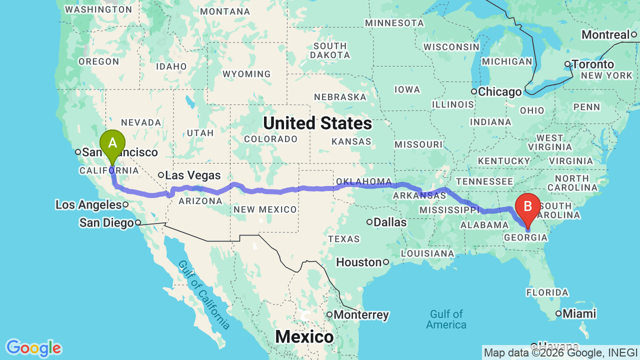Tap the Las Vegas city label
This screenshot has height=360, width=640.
click(x=193, y=175)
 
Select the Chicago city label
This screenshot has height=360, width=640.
click(x=499, y=92)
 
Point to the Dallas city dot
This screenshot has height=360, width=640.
click(x=370, y=222)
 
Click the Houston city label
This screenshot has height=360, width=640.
click(x=358, y=262)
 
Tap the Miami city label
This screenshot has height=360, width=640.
click(x=579, y=314)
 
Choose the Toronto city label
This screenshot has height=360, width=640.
click(x=592, y=64)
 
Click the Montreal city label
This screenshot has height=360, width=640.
click(x=605, y=35)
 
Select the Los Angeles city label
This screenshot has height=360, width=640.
click(x=88, y=204)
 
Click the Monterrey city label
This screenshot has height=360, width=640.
click(x=361, y=315)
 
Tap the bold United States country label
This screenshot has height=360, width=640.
click(x=317, y=123)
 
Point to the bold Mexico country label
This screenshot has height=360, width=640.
click(x=304, y=337)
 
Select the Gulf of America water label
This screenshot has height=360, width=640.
click(x=446, y=319)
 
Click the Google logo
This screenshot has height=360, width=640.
click(x=33, y=348)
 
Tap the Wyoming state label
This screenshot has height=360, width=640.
click(x=246, y=74)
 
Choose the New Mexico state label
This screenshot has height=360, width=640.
click(x=265, y=209)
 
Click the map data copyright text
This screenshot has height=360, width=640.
click(x=560, y=353)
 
